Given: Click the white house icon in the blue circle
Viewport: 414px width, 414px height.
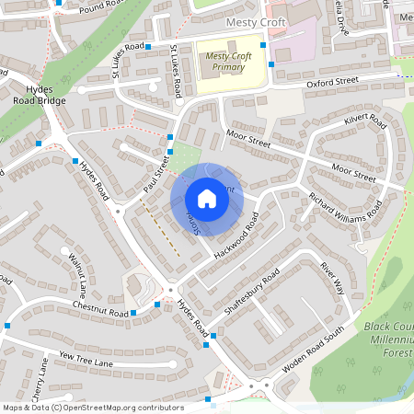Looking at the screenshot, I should [x=207, y=199].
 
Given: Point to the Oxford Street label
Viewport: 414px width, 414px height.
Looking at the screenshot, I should [x=332, y=82].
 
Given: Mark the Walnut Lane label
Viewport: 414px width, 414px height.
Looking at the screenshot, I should [x=76, y=272].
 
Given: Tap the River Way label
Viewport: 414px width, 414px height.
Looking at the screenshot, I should [x=331, y=277].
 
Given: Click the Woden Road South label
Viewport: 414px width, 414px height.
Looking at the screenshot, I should [x=312, y=349].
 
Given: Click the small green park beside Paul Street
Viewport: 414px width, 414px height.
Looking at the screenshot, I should [x=187, y=155].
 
